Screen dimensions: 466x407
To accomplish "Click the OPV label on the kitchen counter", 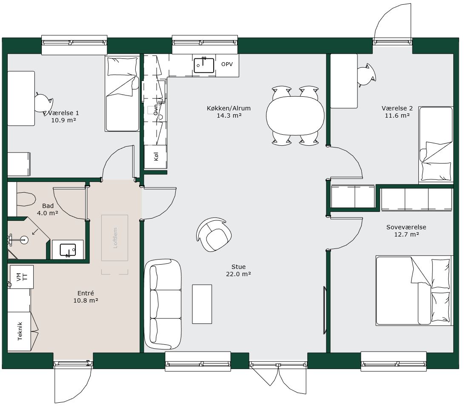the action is (227, 64).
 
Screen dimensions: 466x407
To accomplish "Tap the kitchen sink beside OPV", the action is (204, 66).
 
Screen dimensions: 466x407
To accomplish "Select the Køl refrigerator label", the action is (156, 156).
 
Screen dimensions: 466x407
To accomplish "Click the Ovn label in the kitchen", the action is (156, 110).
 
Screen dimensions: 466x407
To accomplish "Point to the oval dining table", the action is (295, 116).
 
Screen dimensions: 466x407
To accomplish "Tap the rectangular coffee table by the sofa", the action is (202, 304).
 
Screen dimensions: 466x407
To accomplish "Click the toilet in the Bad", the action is (26, 199).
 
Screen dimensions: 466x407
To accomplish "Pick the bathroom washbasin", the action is (68, 250).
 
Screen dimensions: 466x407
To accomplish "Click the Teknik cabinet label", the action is (20, 331).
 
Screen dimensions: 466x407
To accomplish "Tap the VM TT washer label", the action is (22, 277).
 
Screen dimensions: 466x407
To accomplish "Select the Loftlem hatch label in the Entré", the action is (115, 238).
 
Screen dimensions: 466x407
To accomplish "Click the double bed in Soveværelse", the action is (414, 291).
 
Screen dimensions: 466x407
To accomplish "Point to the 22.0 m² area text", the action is (238, 274).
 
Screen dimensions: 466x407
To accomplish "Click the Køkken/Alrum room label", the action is (229, 108).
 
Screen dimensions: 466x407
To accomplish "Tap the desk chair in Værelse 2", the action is (366, 75).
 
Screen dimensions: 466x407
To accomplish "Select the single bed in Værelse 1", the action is (122, 94).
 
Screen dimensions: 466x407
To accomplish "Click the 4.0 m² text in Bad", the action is (48, 213).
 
